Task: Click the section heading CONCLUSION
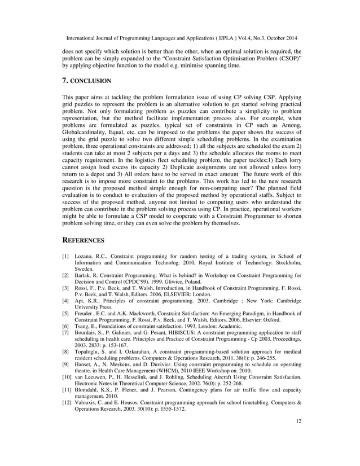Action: point(90,81)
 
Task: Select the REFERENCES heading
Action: point(83,240)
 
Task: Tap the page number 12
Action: point(298,436)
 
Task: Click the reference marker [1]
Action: point(65,257)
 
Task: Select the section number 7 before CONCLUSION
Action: point(64,81)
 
